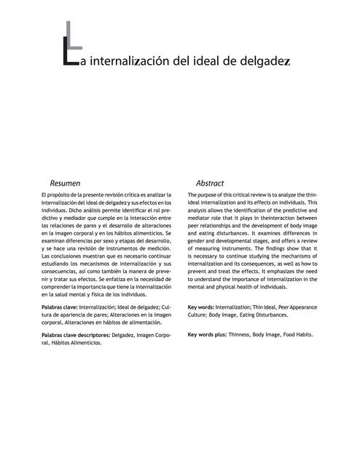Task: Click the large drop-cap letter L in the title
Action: tap(70, 52)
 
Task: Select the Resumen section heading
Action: tap(64, 183)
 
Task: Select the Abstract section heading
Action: tap(210, 183)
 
